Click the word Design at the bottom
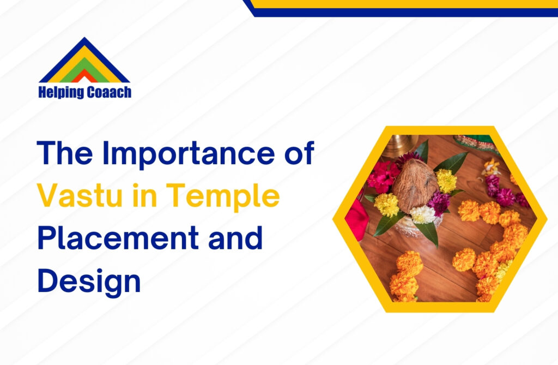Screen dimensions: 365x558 (89, 280)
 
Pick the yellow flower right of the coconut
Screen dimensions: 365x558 (446, 180)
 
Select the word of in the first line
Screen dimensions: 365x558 (299, 154)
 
